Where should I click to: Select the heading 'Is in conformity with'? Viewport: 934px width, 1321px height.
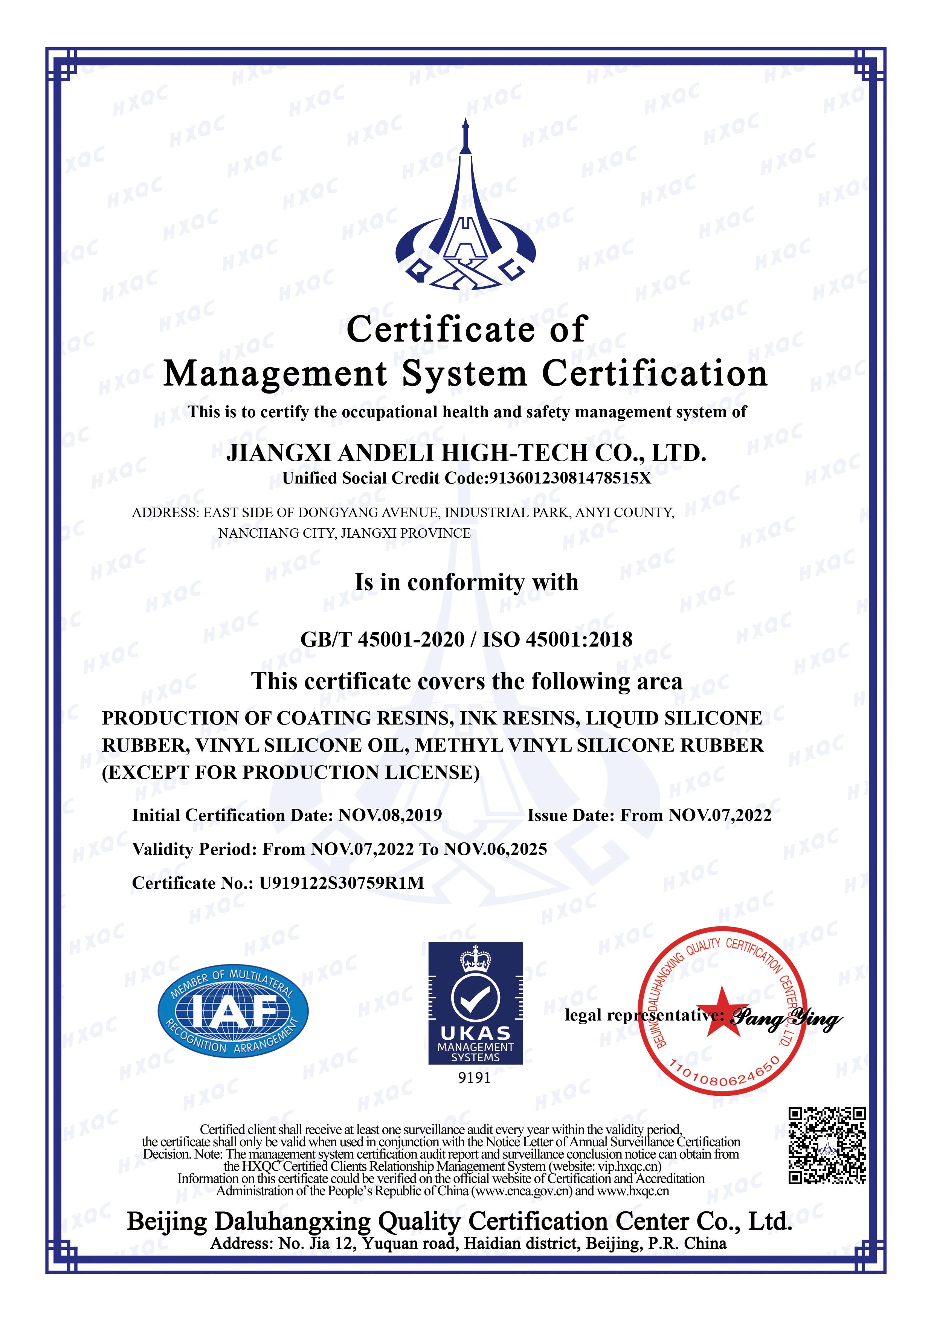click(466, 582)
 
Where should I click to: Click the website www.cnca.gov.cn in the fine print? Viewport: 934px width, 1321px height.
click(521, 1191)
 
